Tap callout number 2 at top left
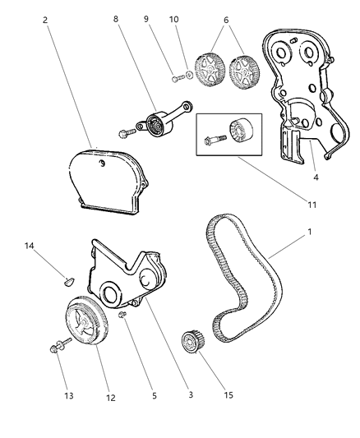(44, 21)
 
